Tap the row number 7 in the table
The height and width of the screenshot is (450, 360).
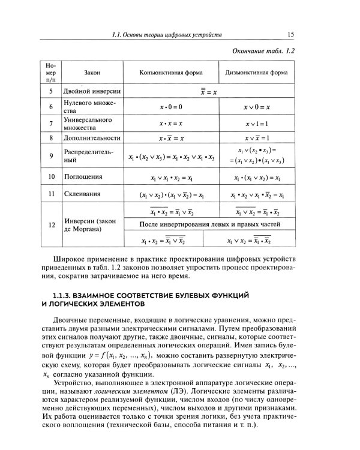pos(52,124)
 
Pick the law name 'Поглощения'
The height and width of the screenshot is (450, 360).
pos(83,178)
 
